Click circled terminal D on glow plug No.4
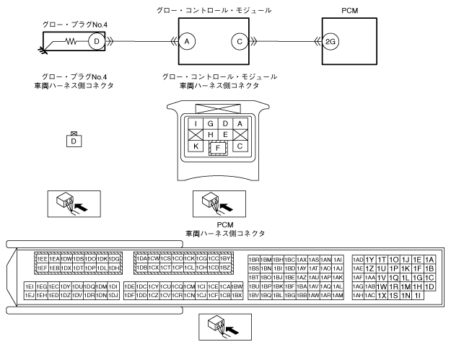[94, 43]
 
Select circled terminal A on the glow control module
[186, 43]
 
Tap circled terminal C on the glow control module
[238, 43]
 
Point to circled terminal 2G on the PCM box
[331, 43]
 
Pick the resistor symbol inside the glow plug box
[71, 43]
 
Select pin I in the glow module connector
[196, 124]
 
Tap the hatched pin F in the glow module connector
[218, 148]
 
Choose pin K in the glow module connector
[196, 146]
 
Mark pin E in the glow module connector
[225, 135]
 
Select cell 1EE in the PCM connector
[43, 258]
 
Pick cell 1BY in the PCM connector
[224, 258]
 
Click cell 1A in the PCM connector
[429, 259]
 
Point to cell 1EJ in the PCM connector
[30, 295]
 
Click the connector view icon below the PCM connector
[224, 325]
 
